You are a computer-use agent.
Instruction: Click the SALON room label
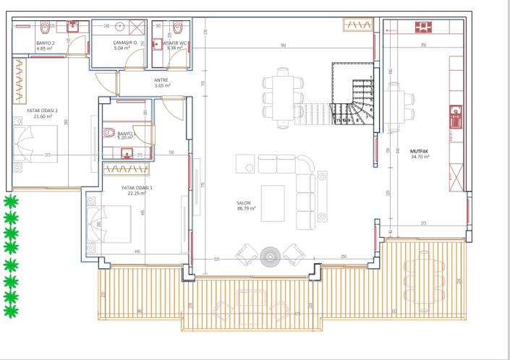(247, 203)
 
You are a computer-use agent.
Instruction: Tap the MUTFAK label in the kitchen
(420, 153)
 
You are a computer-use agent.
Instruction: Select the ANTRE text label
(162, 82)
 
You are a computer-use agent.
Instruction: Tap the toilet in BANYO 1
(109, 132)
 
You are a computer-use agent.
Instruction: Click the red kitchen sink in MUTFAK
(456, 115)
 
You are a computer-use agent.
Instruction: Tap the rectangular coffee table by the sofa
(273, 197)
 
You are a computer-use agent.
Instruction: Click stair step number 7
(367, 116)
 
